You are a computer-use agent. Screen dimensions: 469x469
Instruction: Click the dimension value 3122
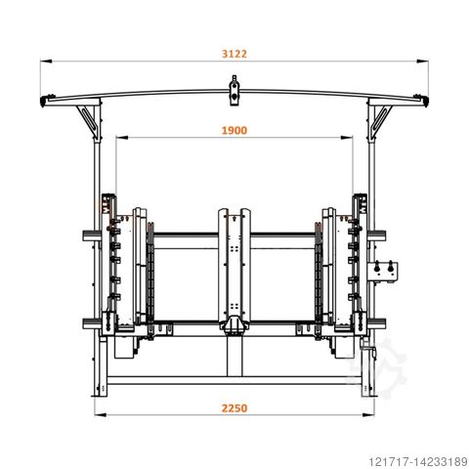pos(234,54)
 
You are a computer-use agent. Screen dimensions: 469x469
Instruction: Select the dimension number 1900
pos(234,131)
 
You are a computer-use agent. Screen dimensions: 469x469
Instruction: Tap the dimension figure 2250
pos(234,408)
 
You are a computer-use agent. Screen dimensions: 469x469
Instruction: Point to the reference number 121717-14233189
pos(418,461)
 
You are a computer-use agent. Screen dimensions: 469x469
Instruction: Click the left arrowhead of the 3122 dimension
pos(46,61)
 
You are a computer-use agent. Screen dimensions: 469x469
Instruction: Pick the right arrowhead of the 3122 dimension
pos(422,61)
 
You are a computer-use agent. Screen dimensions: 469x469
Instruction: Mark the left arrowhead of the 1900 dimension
pos(121,138)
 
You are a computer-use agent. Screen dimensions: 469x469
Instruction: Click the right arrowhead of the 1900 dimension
pos(347,138)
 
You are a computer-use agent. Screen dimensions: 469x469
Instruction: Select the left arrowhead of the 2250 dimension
pos(101,415)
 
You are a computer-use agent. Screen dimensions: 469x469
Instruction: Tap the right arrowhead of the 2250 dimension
pos(368,415)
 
